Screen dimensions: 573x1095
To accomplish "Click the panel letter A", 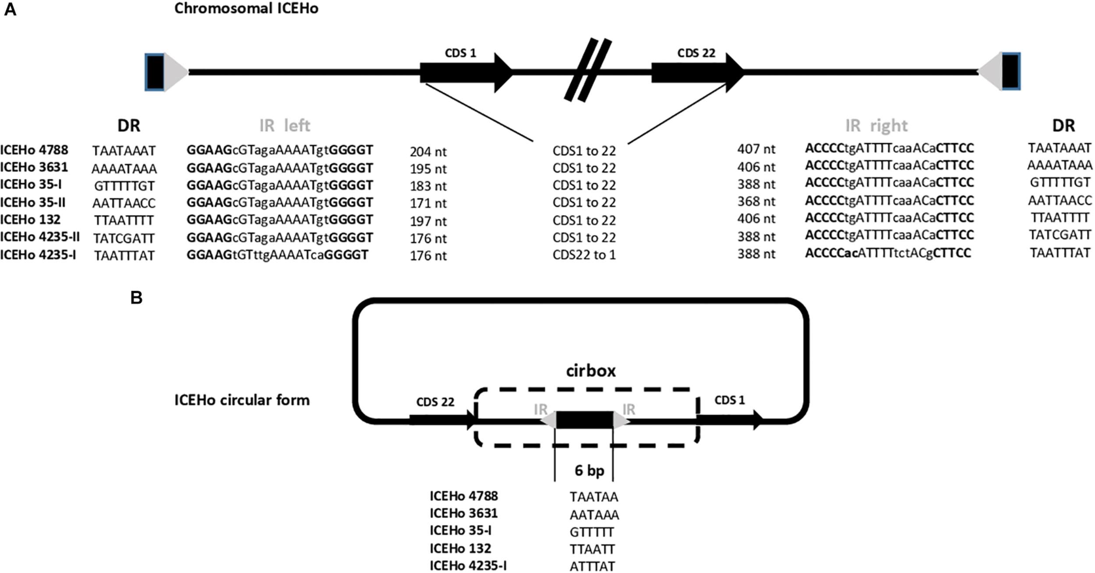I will pyautogui.click(x=10, y=9).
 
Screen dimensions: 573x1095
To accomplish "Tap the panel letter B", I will pyautogui.click(x=136, y=298).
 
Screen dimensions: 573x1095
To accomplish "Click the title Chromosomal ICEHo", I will pyautogui.click(x=246, y=8).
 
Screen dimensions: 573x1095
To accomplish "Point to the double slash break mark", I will pyautogui.click(x=587, y=71).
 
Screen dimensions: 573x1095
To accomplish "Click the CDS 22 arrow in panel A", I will pyautogui.click(x=697, y=73).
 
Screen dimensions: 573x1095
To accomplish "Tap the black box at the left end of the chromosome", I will pyautogui.click(x=155, y=72).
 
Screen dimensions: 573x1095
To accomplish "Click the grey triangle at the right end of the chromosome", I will pyautogui.click(x=991, y=72).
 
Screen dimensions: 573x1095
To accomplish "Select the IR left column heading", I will pyautogui.click(x=284, y=126).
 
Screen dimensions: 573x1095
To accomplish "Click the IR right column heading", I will pyautogui.click(x=876, y=126).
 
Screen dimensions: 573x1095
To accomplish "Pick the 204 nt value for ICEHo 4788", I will pyautogui.click(x=428, y=152).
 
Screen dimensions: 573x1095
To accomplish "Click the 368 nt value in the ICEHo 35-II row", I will pyautogui.click(x=756, y=201).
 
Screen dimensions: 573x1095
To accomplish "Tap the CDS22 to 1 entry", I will pyautogui.click(x=584, y=255).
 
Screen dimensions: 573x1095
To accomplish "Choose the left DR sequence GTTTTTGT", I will pyautogui.click(x=124, y=186).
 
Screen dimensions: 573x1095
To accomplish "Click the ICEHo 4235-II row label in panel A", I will pyautogui.click(x=40, y=237).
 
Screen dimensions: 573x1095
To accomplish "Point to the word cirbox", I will pyautogui.click(x=590, y=371).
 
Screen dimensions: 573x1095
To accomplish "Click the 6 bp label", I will pyautogui.click(x=589, y=470).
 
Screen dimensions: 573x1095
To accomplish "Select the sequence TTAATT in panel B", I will pyautogui.click(x=592, y=549).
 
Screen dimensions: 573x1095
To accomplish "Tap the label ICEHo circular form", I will pyautogui.click(x=242, y=400).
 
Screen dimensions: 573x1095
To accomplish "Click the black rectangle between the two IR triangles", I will pyautogui.click(x=584, y=420).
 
